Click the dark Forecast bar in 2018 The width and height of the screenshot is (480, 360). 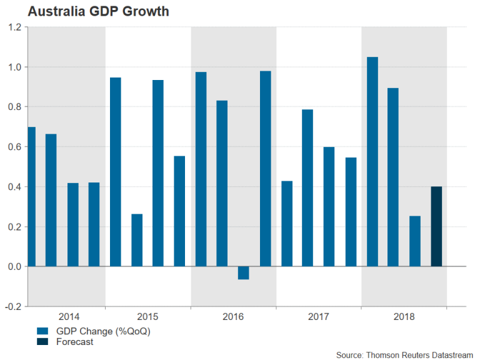pos(436,227)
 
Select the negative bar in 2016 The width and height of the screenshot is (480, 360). pos(244,273)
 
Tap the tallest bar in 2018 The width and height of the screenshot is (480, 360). pos(372,162)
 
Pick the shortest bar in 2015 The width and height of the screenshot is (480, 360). pos(137,241)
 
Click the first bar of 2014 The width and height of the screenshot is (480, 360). pos(31,197)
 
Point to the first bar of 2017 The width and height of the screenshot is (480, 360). pos(287,224)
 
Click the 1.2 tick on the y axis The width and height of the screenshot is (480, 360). pos(14,27)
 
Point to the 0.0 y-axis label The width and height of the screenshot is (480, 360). pos(14,267)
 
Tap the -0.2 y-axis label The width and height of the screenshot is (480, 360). pos(13,307)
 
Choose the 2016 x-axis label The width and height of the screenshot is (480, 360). pos(233,317)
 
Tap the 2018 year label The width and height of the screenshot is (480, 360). pos(404,317)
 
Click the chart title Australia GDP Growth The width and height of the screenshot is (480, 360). pos(89,11)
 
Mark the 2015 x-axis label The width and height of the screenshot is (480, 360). pos(147,317)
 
